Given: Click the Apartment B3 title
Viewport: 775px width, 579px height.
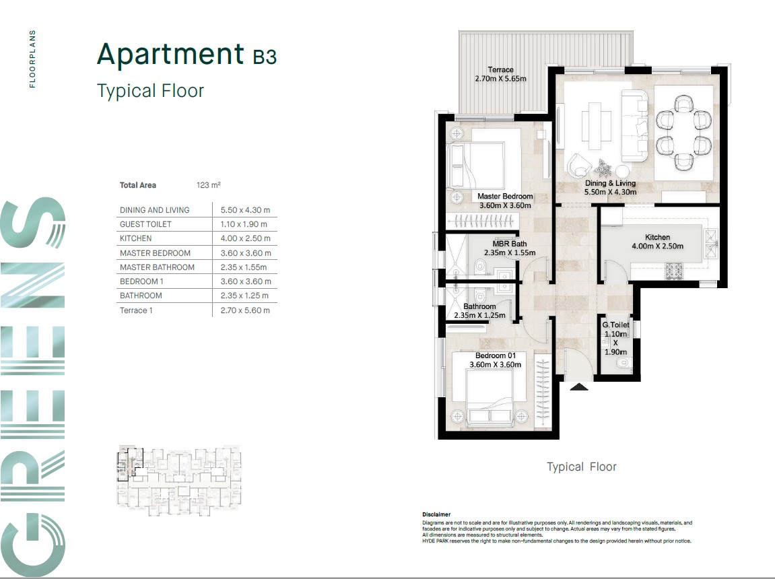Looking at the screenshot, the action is point(187,55).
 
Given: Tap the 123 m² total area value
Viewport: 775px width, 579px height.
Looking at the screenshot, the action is point(208,185).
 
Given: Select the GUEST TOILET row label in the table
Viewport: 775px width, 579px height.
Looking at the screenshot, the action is point(145,224).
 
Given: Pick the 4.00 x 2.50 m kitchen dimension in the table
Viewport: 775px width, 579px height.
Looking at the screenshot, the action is point(245,238).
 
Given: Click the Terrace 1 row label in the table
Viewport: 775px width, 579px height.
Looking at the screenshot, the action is point(136,310).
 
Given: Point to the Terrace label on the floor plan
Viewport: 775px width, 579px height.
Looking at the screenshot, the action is point(500,70).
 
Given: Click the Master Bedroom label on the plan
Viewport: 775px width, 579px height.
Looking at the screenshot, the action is point(504,196).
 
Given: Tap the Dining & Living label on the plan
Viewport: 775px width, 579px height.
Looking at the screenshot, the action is point(611,183).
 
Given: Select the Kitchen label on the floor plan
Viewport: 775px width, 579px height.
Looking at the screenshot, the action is point(657,237).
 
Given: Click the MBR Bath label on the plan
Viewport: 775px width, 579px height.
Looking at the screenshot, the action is point(510,244).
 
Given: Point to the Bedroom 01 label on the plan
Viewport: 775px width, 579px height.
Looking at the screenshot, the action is point(496,355).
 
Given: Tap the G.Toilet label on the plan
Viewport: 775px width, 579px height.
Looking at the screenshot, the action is point(615,325).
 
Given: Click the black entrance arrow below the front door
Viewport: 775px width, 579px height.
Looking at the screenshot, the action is point(579,387).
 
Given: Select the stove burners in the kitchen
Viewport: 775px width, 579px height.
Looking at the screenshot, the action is point(675,271).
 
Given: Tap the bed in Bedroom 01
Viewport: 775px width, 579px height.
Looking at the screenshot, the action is point(490,398).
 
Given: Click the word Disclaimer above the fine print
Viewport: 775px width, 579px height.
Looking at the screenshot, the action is point(436,514).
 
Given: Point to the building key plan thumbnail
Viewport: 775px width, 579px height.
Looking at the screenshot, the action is point(179,481).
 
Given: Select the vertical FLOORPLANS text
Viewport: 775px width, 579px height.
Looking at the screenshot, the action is point(32,59).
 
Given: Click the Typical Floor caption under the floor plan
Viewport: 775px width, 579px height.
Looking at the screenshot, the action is point(582,467).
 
